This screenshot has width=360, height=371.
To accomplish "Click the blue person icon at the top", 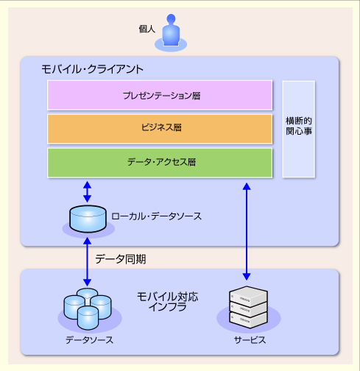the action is [171, 31].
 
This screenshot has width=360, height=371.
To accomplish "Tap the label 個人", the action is [147, 29].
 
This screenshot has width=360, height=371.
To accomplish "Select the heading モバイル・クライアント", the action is [92, 69].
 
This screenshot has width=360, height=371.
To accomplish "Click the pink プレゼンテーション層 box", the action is [160, 95].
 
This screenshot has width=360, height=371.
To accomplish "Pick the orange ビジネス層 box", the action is [160, 129].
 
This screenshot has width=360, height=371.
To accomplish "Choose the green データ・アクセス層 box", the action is [160, 163].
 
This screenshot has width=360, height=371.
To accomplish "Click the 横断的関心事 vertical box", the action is [299, 129].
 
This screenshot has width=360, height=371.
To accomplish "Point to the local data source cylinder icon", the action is [88, 219].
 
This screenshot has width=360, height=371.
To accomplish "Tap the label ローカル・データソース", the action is [156, 216].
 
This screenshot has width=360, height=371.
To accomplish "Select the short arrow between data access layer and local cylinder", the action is [87, 191].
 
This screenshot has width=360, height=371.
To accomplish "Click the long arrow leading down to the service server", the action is [247, 231].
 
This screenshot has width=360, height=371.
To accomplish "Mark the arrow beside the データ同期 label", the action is [87, 262].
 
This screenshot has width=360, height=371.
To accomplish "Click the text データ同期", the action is [121, 259].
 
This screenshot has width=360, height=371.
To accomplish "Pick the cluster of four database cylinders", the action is [88, 308].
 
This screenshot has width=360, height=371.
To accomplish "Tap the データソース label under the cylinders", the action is [89, 340].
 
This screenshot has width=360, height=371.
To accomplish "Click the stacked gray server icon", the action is [248, 307].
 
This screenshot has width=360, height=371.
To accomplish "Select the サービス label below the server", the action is [250, 340].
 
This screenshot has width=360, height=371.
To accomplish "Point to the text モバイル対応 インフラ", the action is [168, 302].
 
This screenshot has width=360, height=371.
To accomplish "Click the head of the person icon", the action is [171, 18].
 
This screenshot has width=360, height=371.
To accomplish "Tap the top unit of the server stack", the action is [248, 296].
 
